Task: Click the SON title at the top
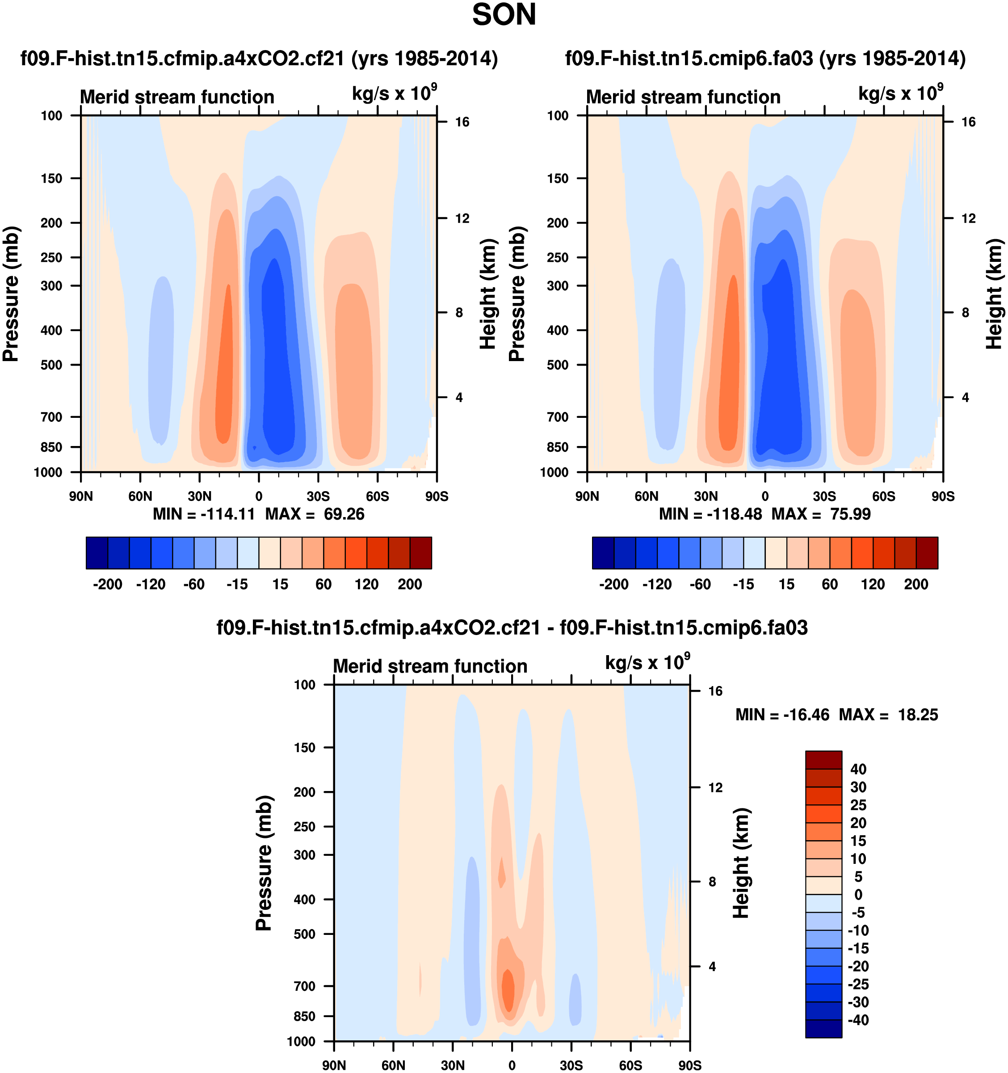pos(504,15)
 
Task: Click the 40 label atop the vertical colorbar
pos(858,769)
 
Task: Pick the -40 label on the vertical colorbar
pos(858,1020)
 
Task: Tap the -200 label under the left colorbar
pos(107,584)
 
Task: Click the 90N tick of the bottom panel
pos(334,1065)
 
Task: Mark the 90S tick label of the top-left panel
pos(437,497)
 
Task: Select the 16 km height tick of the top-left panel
pos(462,122)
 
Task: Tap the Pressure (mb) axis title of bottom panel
pos(263,863)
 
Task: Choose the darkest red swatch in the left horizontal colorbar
pos(420,553)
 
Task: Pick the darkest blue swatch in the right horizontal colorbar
pos(603,553)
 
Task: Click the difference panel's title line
pos(512,628)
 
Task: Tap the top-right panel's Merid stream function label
pos(683,97)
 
